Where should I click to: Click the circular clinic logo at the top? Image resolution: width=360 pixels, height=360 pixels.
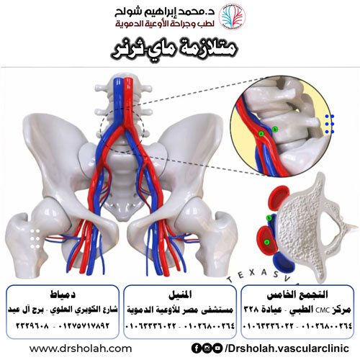click(232, 17)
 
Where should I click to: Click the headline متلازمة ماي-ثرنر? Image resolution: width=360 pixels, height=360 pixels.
click(174, 50)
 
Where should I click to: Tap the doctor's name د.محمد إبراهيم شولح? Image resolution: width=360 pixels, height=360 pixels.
click(165, 12)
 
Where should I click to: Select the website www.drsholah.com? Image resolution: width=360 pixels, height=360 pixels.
click(81, 348)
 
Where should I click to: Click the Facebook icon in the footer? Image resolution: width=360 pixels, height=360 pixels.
click(197, 348)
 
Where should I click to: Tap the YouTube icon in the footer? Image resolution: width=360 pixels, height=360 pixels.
click(217, 348)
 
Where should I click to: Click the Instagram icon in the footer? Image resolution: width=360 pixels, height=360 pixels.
click(207, 348)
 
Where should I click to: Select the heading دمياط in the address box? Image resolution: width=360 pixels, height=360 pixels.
click(63, 294)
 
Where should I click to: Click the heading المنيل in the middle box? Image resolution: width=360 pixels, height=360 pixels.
click(180, 294)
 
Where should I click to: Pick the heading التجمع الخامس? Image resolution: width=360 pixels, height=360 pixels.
click(297, 294)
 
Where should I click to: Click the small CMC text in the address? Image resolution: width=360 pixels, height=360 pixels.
click(323, 310)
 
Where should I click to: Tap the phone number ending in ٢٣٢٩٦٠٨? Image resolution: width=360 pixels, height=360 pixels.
click(32, 325)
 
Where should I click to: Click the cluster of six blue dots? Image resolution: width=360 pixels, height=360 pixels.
click(330, 124)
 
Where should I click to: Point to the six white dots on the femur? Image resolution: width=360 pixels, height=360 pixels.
click(35, 239)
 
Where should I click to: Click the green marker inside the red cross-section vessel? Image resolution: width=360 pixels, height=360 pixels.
click(266, 242)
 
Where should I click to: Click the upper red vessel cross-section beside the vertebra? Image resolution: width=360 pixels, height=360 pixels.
click(279, 197)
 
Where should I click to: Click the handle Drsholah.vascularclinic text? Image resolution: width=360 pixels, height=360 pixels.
click(287, 348)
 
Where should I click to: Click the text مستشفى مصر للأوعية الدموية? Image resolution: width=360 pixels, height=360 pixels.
click(180, 310)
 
